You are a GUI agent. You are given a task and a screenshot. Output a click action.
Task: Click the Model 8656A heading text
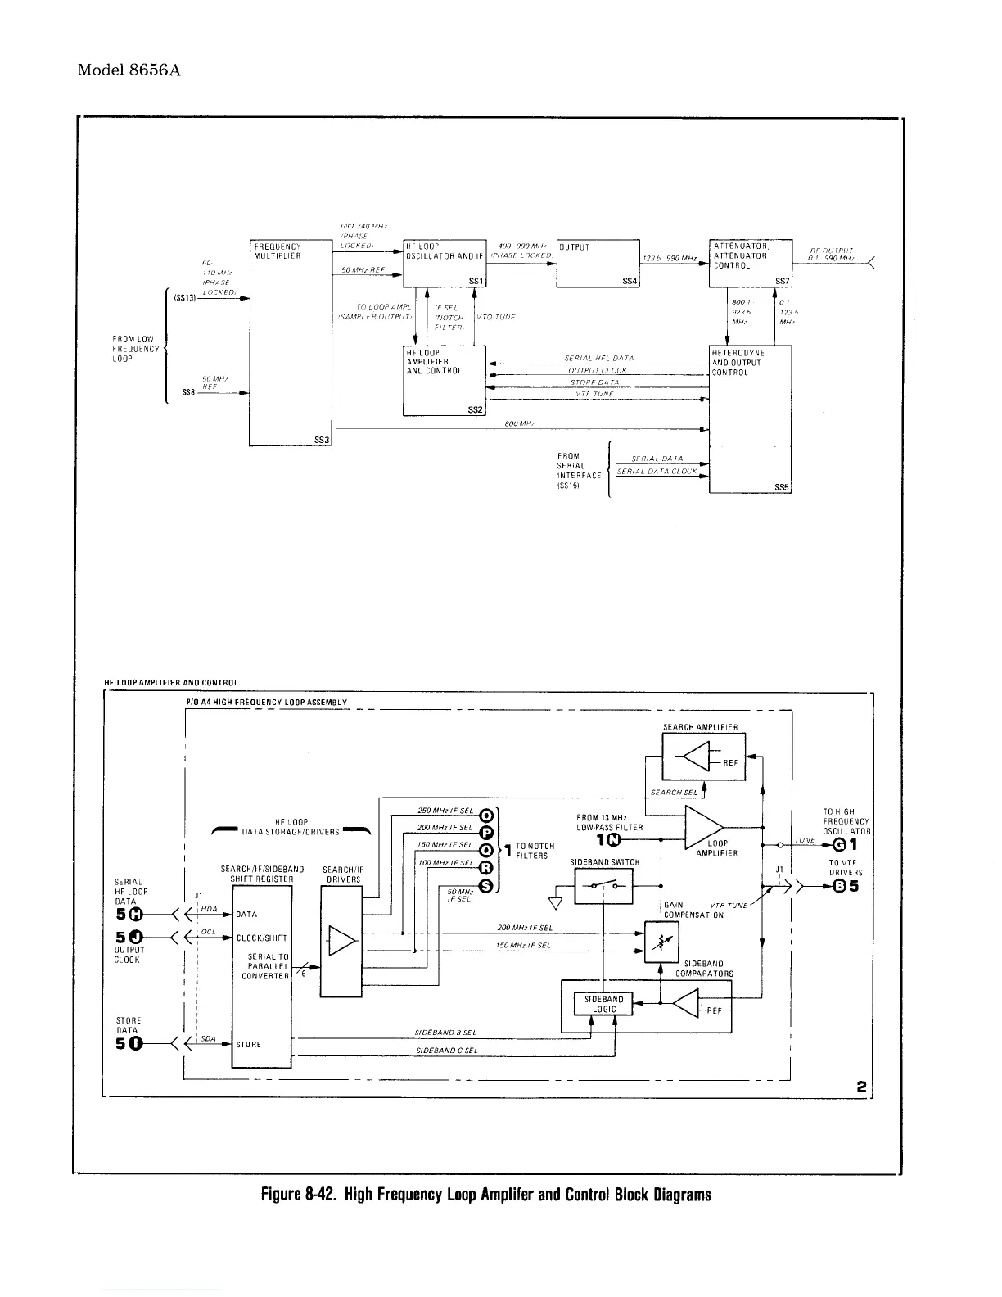pyautogui.click(x=129, y=70)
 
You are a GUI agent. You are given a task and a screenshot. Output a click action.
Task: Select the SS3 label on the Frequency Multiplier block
pyautogui.click(x=322, y=441)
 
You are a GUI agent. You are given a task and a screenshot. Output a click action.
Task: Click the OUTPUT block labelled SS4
pyautogui.click(x=598, y=263)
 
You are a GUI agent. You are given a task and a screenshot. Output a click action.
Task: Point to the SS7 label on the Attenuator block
pyautogui.click(x=783, y=282)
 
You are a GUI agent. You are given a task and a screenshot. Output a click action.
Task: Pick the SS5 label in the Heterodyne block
pyautogui.click(x=782, y=487)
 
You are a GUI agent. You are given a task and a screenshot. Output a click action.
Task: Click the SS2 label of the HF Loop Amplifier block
pyautogui.click(x=476, y=409)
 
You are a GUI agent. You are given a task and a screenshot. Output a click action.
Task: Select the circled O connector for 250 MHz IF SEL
pyautogui.click(x=485, y=816)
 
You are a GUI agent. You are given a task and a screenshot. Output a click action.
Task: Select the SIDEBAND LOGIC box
pyautogui.click(x=604, y=1005)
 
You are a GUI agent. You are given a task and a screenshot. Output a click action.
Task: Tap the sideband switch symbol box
pyautogui.click(x=604, y=886)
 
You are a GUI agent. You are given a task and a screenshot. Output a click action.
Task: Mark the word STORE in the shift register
pyautogui.click(x=248, y=1045)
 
